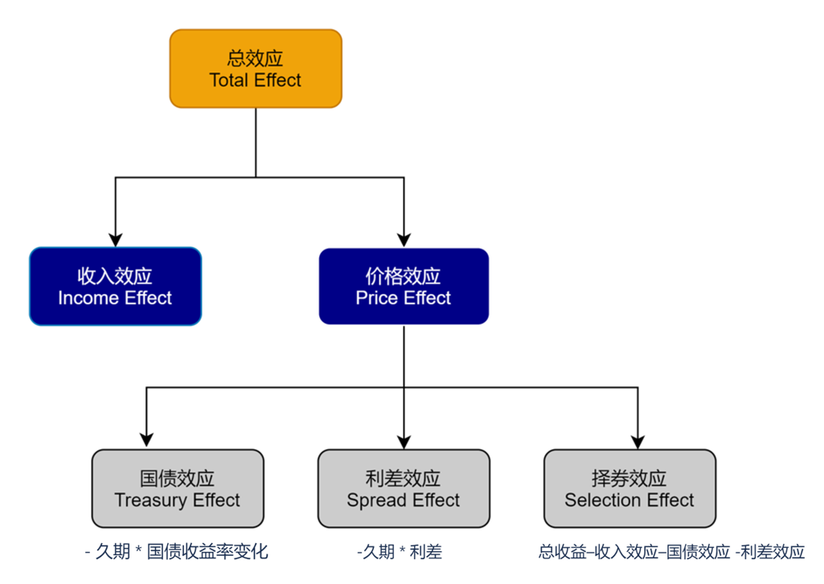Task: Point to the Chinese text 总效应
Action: coord(256,59)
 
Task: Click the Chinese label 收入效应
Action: coord(115,276)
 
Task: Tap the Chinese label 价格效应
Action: coord(404,276)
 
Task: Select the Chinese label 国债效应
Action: coord(178,479)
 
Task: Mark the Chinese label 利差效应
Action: coord(404,479)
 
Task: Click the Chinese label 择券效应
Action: coord(629,479)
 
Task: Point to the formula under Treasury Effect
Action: coord(176,552)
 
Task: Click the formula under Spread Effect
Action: coord(400,552)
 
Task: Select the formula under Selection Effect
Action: coord(671,552)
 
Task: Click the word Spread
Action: coord(374,500)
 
